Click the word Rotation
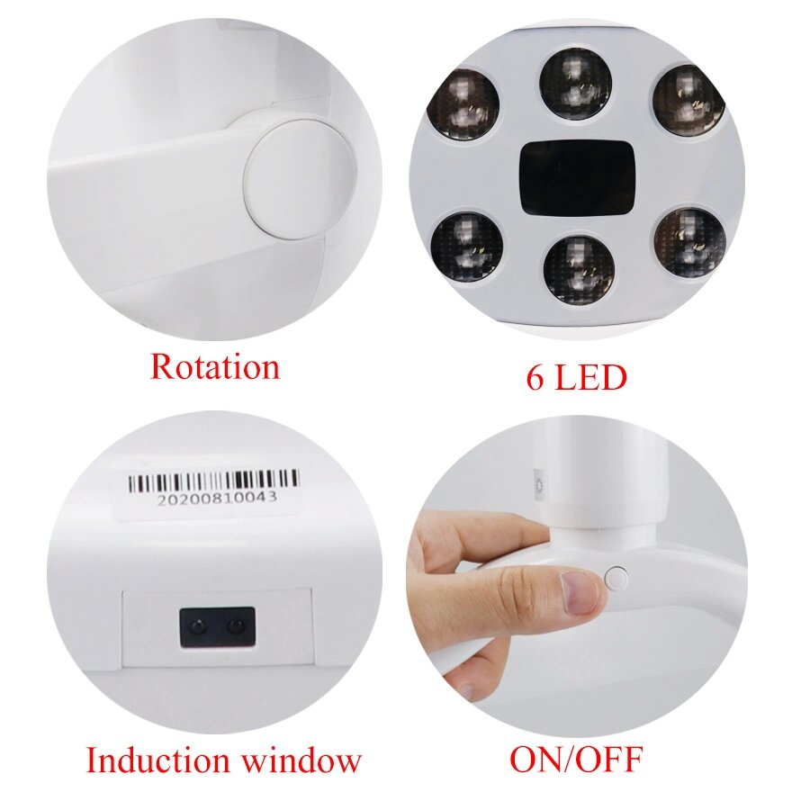point(214,367)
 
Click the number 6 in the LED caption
point(535,377)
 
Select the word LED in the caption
point(589,377)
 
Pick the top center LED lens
point(576,84)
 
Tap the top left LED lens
point(464,104)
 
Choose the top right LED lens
point(688,97)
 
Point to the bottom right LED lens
point(688,243)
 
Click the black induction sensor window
point(217,626)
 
